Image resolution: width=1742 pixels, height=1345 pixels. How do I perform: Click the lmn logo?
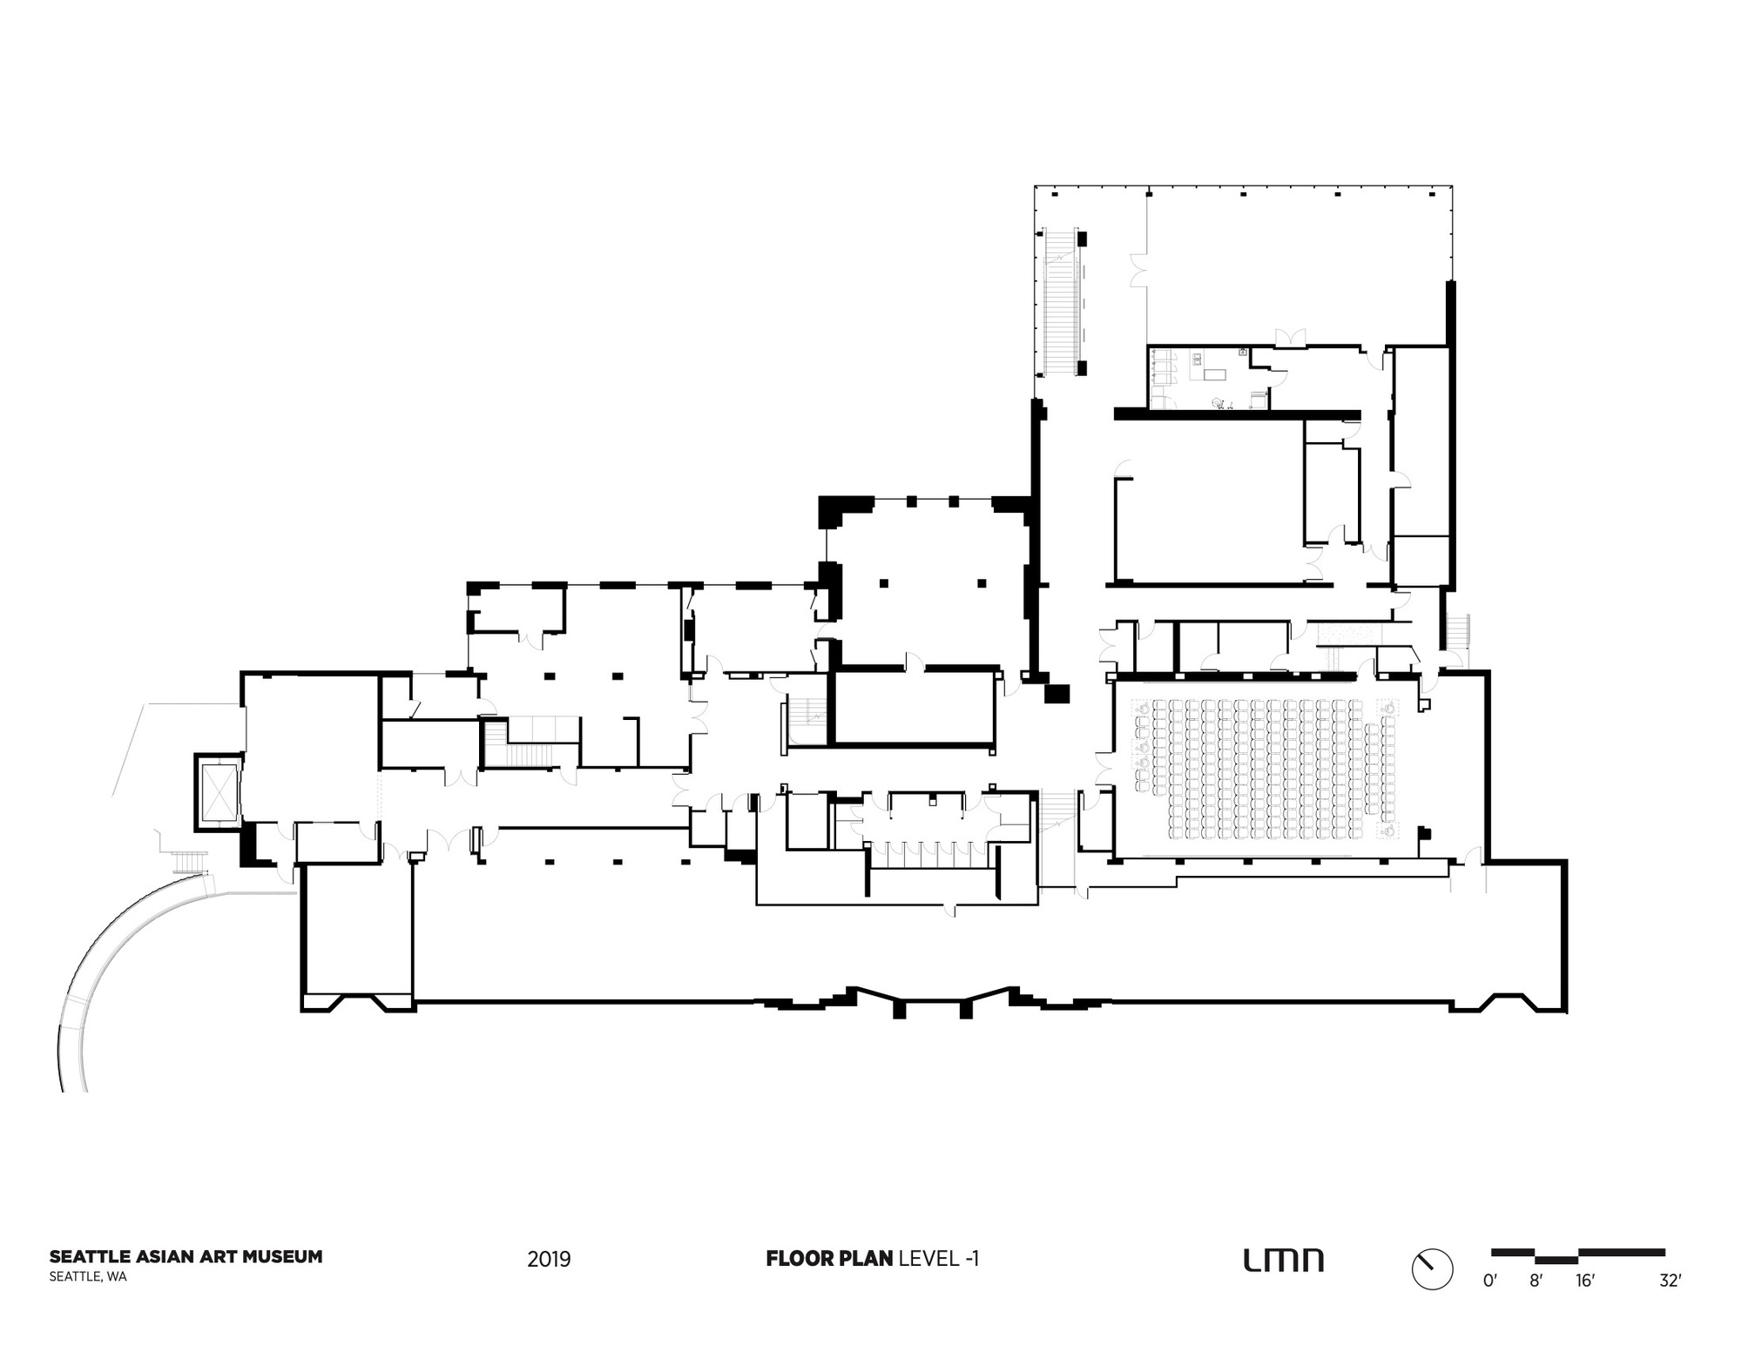[x=1283, y=1260]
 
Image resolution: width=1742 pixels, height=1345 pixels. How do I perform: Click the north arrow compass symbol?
[x=1432, y=1269]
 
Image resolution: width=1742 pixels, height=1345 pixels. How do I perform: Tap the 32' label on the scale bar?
[x=1669, y=1281]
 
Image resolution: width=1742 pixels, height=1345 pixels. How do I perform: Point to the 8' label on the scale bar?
[x=1536, y=1281]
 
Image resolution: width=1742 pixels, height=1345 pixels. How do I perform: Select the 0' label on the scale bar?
[x=1490, y=1281]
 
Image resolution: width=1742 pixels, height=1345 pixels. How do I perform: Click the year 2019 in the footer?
[x=549, y=1259]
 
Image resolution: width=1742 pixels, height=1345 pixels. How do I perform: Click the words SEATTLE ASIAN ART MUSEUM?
[x=186, y=1256]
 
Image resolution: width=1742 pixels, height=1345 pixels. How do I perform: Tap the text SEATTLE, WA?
[x=88, y=1277]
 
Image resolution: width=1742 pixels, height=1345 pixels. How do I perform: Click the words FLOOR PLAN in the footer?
[x=829, y=1258]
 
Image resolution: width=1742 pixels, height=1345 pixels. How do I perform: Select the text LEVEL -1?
[x=939, y=1258]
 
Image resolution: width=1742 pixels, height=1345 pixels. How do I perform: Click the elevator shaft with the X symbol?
[x=219, y=791]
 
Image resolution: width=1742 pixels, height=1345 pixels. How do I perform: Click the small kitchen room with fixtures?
[x=1206, y=378]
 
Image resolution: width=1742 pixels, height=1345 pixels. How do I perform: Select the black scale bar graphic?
[x=1577, y=1254]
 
